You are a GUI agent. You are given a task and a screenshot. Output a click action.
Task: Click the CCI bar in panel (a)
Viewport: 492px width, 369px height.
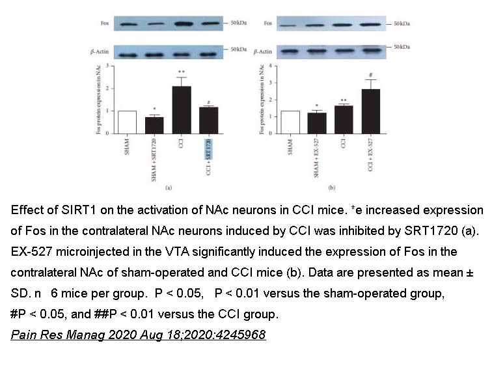(x=182, y=109)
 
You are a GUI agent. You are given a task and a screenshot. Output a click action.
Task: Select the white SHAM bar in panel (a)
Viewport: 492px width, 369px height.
(x=127, y=122)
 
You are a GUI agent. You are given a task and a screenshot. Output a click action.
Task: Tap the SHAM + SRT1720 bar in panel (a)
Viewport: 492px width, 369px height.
(x=154, y=124)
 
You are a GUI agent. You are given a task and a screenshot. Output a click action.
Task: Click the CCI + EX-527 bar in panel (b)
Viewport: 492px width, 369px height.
(x=370, y=111)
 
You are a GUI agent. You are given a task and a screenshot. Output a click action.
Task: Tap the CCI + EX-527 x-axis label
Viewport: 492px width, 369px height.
(x=370, y=157)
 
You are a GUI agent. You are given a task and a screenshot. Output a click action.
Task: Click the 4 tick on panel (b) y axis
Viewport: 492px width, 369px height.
(x=271, y=67)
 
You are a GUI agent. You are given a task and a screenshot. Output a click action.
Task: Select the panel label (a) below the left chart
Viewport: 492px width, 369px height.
(x=168, y=188)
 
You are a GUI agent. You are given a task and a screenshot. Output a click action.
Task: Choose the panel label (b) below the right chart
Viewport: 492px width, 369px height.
(x=331, y=188)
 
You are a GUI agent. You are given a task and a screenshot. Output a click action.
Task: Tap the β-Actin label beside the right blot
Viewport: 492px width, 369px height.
(x=263, y=51)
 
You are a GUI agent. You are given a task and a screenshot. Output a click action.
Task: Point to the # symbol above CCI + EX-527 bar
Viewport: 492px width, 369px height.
(x=370, y=75)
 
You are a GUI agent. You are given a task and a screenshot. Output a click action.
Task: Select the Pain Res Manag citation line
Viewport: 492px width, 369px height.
(x=139, y=336)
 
